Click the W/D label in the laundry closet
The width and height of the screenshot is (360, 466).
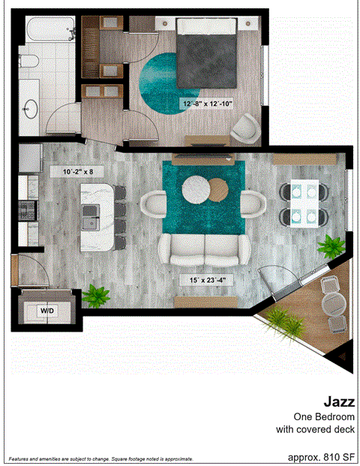46,309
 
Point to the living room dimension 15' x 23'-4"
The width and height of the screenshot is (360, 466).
207,280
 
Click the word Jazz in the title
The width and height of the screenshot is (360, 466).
339,401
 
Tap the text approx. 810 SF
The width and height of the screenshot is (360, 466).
321,455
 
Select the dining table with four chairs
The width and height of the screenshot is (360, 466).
304,204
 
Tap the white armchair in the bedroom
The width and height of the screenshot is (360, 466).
246,127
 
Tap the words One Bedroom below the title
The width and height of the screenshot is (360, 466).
323,416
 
